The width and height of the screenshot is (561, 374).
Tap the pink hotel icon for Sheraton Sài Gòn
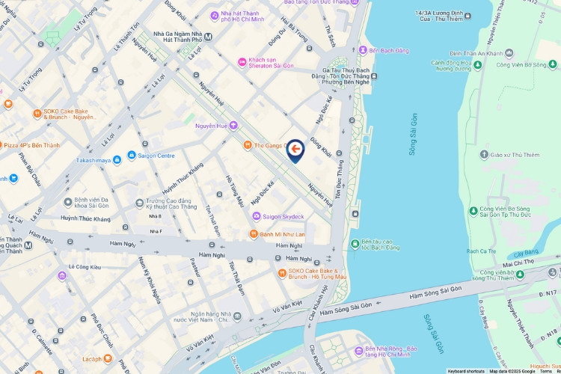coord(242,61)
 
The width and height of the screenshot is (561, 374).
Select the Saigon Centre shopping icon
coord(132,156)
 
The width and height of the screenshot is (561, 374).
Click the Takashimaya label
coord(94,160)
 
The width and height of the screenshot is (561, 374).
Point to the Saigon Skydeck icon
coord(257,216)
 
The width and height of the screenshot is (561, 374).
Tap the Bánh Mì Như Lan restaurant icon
coord(254,234)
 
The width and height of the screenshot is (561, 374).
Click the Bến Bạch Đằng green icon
coord(352,50)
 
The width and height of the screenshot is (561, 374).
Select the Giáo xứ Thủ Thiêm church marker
coord(483,155)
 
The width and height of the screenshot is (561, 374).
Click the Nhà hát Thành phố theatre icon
coord(214,14)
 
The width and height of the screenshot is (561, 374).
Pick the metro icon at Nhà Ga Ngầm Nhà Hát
coord(208,35)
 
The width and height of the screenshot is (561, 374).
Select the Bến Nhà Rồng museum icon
coord(357,349)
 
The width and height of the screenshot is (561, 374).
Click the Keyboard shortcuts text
coord(465,370)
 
